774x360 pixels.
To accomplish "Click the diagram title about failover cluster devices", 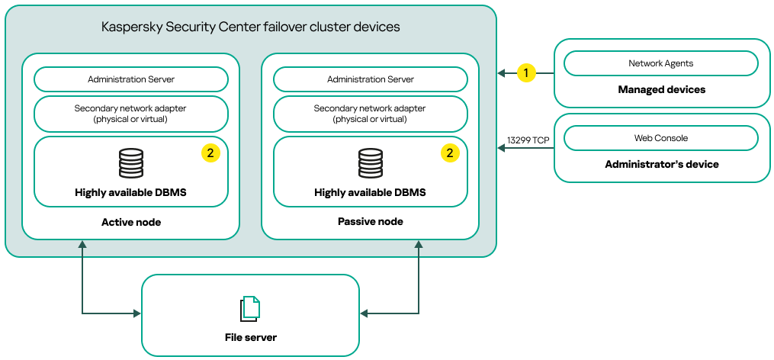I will click(x=251, y=27).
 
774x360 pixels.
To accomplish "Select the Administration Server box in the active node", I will click(x=131, y=79).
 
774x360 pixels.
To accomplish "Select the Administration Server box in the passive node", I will click(x=371, y=79).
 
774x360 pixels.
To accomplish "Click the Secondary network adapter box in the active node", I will click(x=131, y=114).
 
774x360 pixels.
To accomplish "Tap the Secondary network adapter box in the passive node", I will click(x=371, y=114).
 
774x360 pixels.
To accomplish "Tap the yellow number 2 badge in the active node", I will click(x=210, y=153).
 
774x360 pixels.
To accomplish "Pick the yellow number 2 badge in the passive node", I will click(x=450, y=153).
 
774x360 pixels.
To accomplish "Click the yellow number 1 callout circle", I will click(x=525, y=72).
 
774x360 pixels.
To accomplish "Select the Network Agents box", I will click(x=661, y=63).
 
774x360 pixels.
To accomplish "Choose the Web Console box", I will click(x=661, y=138).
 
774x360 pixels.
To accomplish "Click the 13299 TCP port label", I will click(x=528, y=140).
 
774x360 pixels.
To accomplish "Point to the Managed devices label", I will click(x=661, y=90).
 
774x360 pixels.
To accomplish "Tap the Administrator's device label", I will click(x=661, y=164).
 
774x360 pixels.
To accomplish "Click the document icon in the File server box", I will click(x=250, y=308).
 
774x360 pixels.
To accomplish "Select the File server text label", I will click(x=250, y=337).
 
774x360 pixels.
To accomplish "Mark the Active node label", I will click(x=131, y=222).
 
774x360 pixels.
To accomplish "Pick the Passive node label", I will click(x=371, y=222).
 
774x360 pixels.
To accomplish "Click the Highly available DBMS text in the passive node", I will click(x=371, y=193).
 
